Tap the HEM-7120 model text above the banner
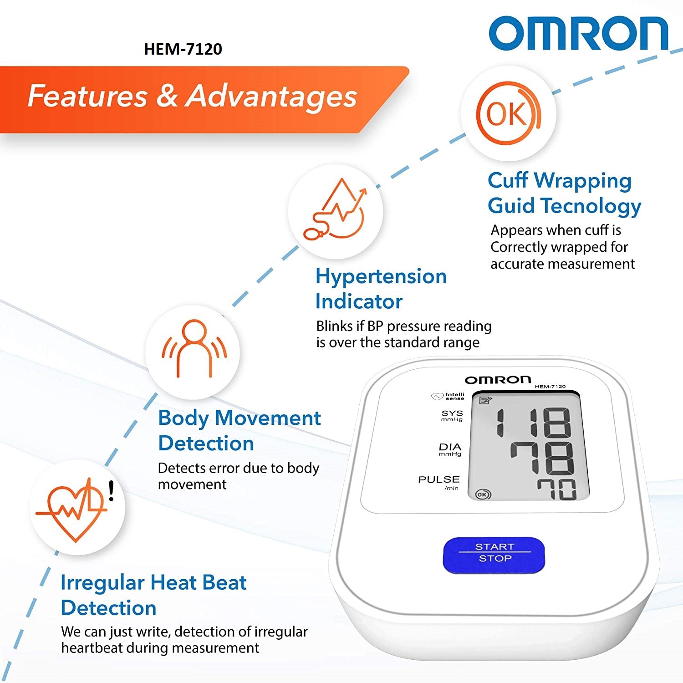(x=183, y=49)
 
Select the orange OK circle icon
(x=509, y=113)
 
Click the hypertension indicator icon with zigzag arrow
(x=336, y=209)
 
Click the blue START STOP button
(x=494, y=555)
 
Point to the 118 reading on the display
(x=533, y=423)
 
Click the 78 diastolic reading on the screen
(x=542, y=459)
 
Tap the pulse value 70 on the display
(x=556, y=489)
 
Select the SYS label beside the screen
(x=452, y=415)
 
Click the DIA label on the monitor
(x=450, y=449)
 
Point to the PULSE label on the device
(x=439, y=483)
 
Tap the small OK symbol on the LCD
(x=483, y=494)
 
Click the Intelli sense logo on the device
(x=448, y=396)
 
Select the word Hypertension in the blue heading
(x=381, y=277)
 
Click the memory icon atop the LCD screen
(x=485, y=400)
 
